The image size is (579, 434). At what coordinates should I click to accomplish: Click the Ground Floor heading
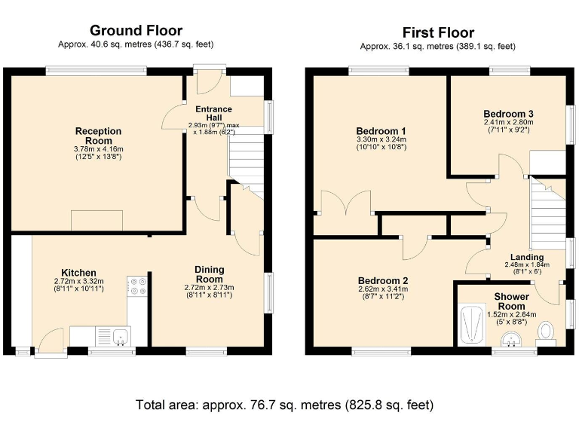[136, 30]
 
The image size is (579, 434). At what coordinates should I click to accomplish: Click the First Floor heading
[438, 32]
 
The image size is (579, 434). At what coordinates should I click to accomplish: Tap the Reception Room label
[98, 136]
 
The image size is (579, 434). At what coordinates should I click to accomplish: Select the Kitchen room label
[78, 273]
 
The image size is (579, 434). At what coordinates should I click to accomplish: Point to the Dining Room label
[209, 274]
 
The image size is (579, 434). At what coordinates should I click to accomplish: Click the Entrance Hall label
[214, 113]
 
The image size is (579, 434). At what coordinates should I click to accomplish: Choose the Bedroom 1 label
[381, 131]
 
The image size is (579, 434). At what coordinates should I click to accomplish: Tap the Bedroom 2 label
[382, 280]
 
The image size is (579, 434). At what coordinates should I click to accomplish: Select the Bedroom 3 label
[508, 114]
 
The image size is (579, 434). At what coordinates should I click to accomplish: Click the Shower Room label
[511, 301]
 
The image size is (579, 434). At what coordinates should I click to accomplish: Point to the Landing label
[527, 257]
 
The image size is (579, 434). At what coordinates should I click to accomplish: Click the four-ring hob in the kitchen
[137, 286]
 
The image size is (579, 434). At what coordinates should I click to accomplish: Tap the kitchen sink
[121, 337]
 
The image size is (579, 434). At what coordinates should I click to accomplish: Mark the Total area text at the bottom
[285, 405]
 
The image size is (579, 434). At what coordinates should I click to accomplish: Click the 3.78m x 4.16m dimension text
[99, 149]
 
